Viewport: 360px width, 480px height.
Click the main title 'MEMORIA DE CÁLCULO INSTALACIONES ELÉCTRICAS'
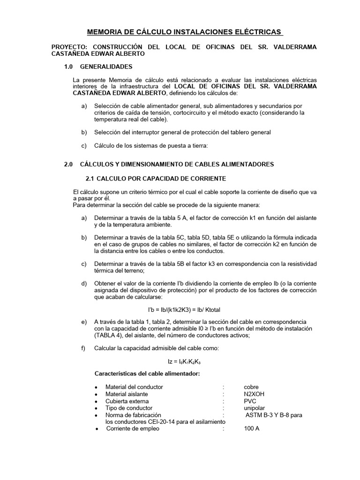pos(185,32)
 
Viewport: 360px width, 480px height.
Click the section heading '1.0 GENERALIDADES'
pos(98,67)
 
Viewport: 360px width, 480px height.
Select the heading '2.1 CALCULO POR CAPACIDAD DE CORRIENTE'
pos(156,179)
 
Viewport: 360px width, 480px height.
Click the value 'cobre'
pos(251,387)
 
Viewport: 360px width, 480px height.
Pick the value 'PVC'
pos(249,401)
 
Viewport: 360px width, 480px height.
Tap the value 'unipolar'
pos(254,408)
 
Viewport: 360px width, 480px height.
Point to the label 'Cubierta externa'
pos(127,401)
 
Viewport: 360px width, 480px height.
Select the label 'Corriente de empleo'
pos(132,428)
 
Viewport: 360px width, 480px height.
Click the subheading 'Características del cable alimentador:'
pos(147,374)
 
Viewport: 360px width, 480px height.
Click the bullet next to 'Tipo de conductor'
pos(96,409)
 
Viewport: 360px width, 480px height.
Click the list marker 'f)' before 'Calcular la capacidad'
pos(84,349)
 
